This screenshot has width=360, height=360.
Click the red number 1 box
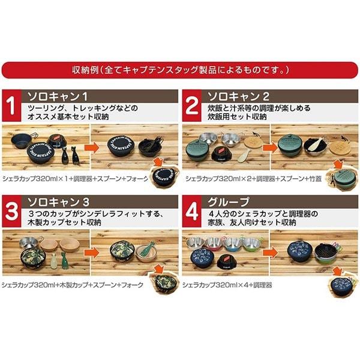pos(11,106)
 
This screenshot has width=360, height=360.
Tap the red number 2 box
pos(192,106)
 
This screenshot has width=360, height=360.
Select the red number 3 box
pos(11,211)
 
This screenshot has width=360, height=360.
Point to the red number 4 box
pos(192,211)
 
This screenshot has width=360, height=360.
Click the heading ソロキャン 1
pos(58,97)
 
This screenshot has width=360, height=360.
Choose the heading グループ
pos(228,202)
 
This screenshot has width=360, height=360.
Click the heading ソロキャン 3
pos(58,202)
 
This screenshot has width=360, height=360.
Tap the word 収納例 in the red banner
pos(85,70)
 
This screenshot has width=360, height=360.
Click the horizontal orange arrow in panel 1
pos(92,148)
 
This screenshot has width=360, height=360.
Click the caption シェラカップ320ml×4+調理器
pos(227,285)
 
